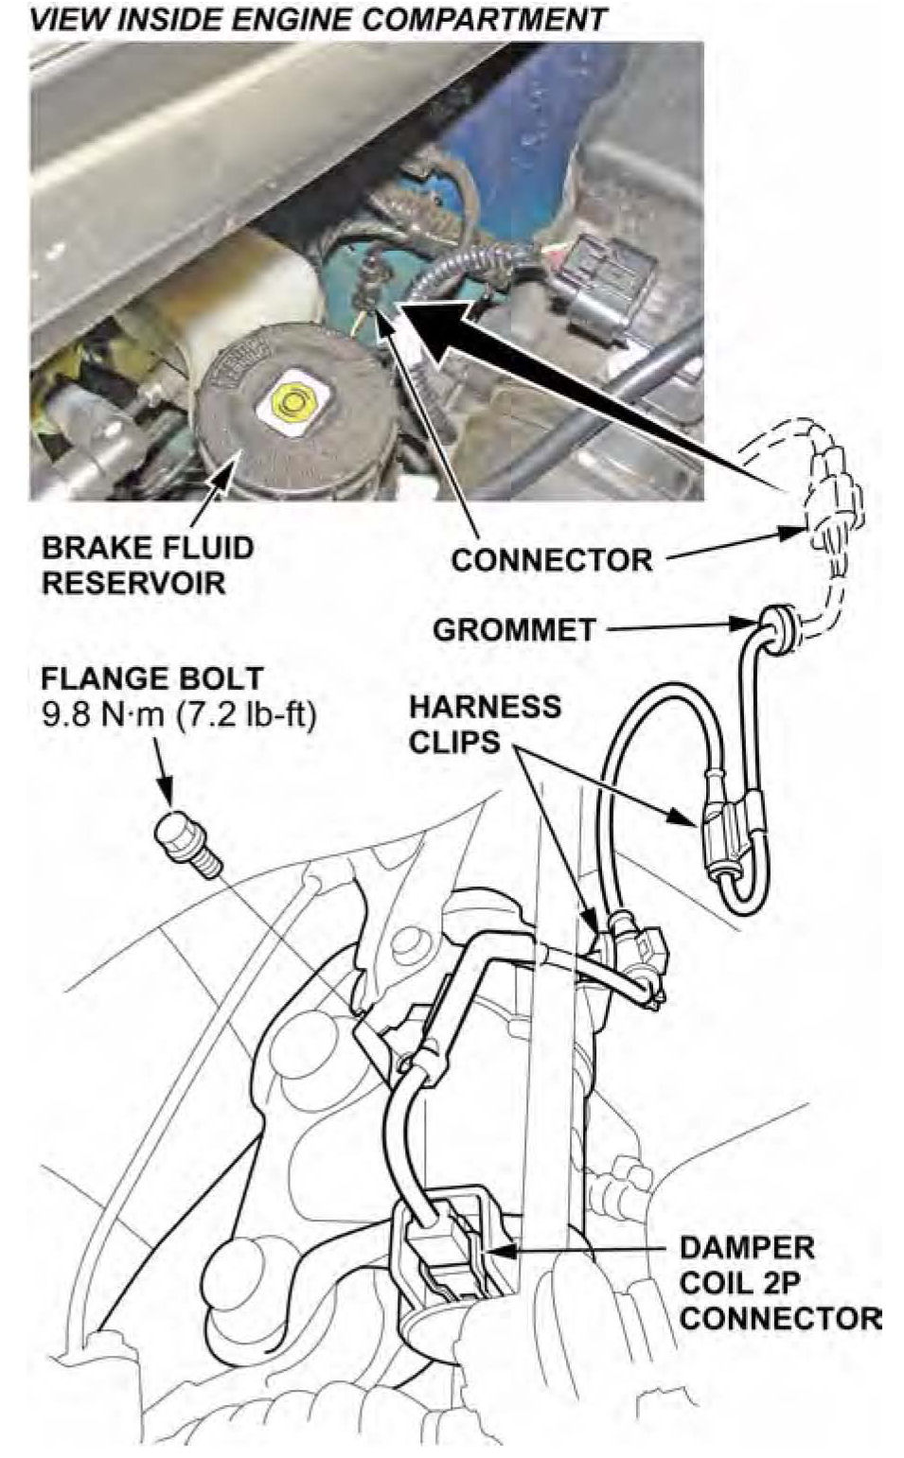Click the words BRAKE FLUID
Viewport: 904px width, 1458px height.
tap(147, 548)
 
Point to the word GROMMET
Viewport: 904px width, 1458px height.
tap(515, 629)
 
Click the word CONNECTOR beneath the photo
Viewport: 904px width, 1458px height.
tap(552, 560)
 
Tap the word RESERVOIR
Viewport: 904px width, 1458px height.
tap(134, 583)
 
